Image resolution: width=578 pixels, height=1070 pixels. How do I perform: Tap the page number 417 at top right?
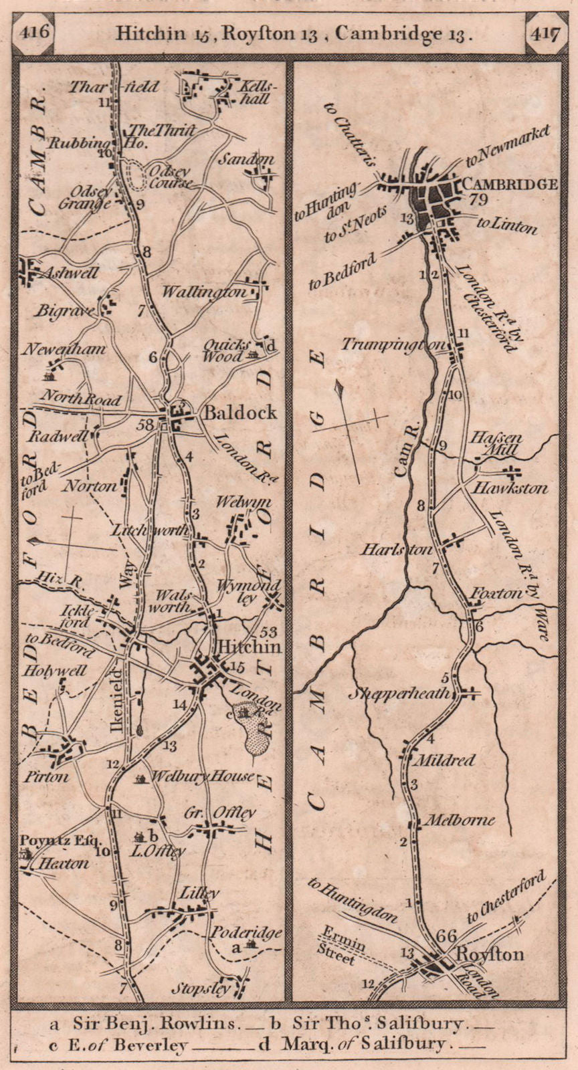546,32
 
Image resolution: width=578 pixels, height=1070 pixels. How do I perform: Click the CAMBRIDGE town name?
510,183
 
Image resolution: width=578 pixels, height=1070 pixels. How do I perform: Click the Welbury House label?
203,776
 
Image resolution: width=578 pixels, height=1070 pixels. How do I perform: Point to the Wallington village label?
203,292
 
